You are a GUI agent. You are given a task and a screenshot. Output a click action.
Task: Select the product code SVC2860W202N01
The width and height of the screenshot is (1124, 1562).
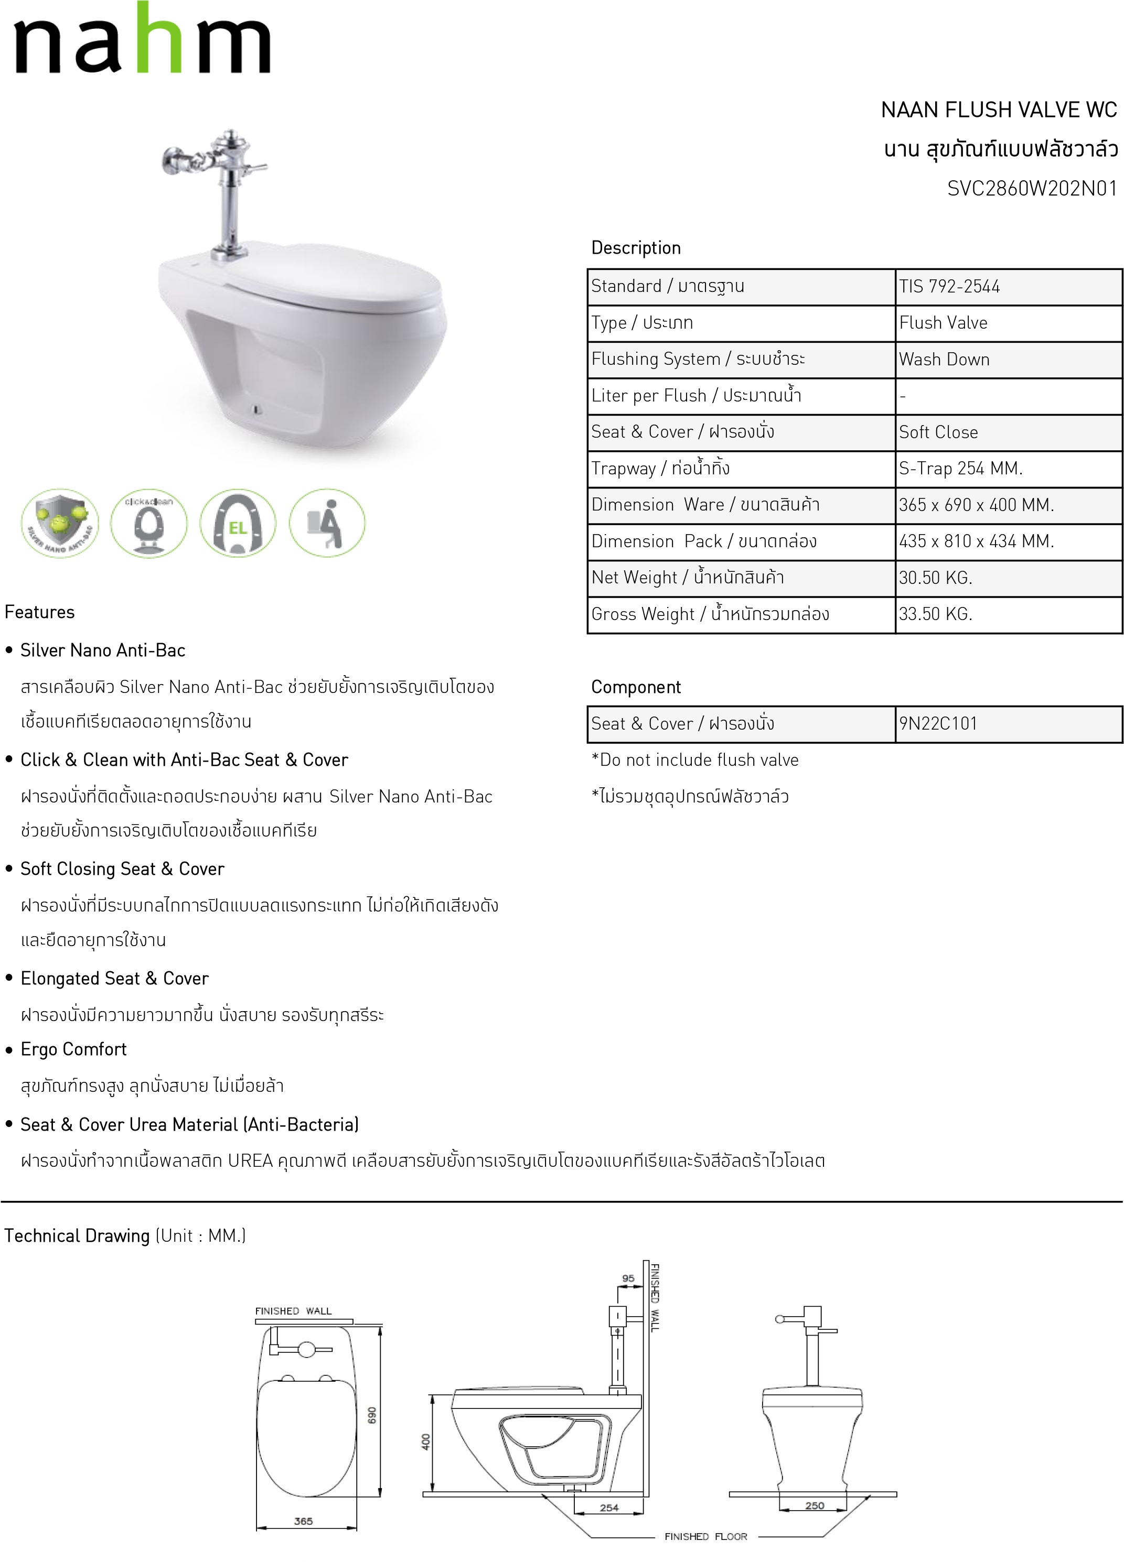click(x=1032, y=189)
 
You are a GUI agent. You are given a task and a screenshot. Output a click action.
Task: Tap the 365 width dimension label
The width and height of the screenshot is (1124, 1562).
click(x=303, y=1521)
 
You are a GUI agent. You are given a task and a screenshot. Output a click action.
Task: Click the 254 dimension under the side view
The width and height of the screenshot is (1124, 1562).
click(x=609, y=1507)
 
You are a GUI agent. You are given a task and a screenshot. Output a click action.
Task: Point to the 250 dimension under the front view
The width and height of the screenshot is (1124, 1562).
click(x=815, y=1505)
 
